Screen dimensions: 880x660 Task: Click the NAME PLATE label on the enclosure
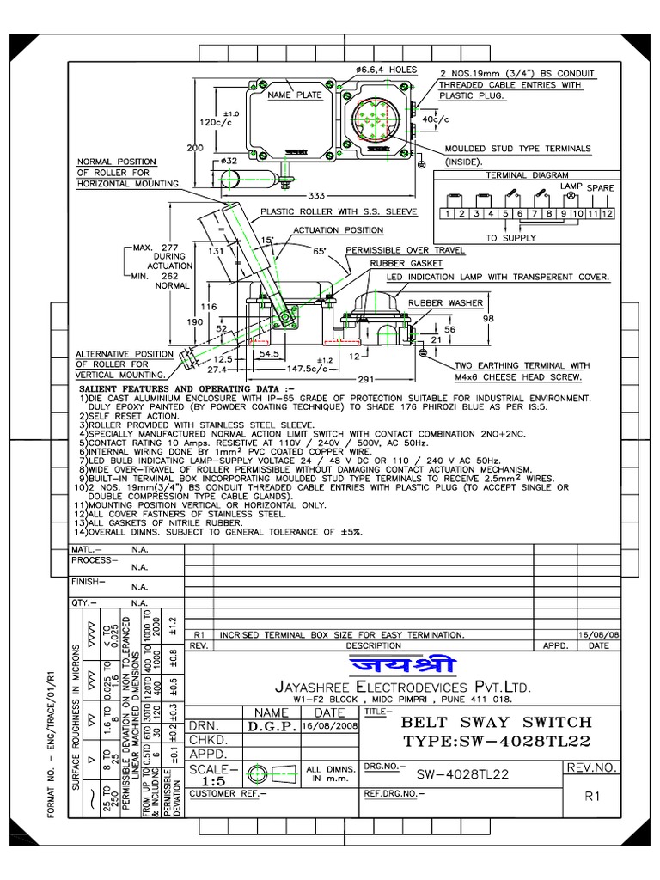pyautogui.click(x=295, y=95)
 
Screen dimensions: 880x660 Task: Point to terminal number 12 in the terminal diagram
pyautogui.click(x=608, y=213)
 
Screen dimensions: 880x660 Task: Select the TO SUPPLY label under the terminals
pyautogui.click(x=510, y=238)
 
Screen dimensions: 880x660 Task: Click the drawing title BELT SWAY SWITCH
pyautogui.click(x=488, y=721)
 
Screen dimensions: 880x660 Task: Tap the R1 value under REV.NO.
pyautogui.click(x=592, y=797)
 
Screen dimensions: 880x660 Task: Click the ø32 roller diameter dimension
pyautogui.click(x=229, y=161)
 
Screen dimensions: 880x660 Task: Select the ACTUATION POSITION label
pyautogui.click(x=338, y=230)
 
